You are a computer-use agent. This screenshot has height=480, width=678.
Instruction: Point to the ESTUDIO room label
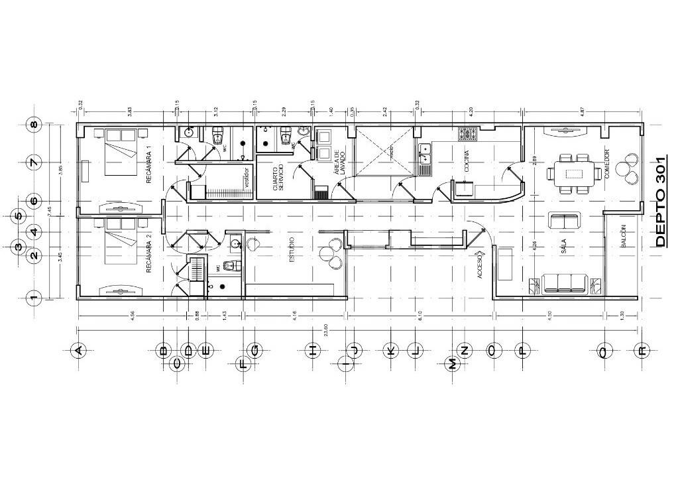[x=292, y=251]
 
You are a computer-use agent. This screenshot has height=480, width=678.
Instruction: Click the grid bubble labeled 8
[x=33, y=124]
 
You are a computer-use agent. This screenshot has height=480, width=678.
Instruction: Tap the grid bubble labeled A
[x=78, y=350]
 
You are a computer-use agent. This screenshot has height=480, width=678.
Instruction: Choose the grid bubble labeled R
[x=640, y=350]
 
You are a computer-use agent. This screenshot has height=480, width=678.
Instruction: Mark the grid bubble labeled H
[x=311, y=350]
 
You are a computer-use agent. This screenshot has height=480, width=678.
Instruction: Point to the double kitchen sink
[x=424, y=158]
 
